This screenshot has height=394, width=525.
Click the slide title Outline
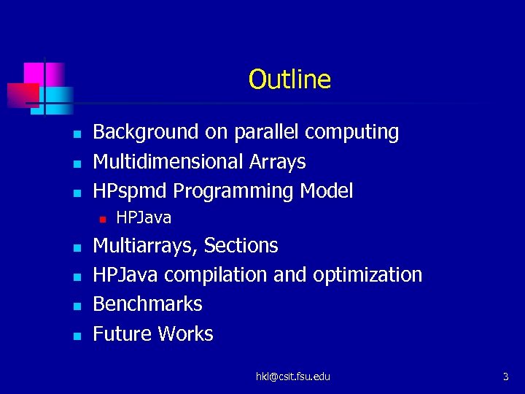tap(289, 80)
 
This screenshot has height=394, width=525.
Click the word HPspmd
tap(131, 191)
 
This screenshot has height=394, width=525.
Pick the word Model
tap(324, 191)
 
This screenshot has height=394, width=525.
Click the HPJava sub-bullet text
tap(144, 217)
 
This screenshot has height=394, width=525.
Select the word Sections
tap(241, 246)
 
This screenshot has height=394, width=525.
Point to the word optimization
tap(367, 275)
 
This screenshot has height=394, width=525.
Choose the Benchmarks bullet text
tap(147, 304)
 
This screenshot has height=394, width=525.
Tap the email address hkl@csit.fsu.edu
tap(292, 376)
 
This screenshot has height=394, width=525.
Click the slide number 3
tap(505, 376)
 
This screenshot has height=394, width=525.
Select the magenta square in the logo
tap(34, 74)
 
